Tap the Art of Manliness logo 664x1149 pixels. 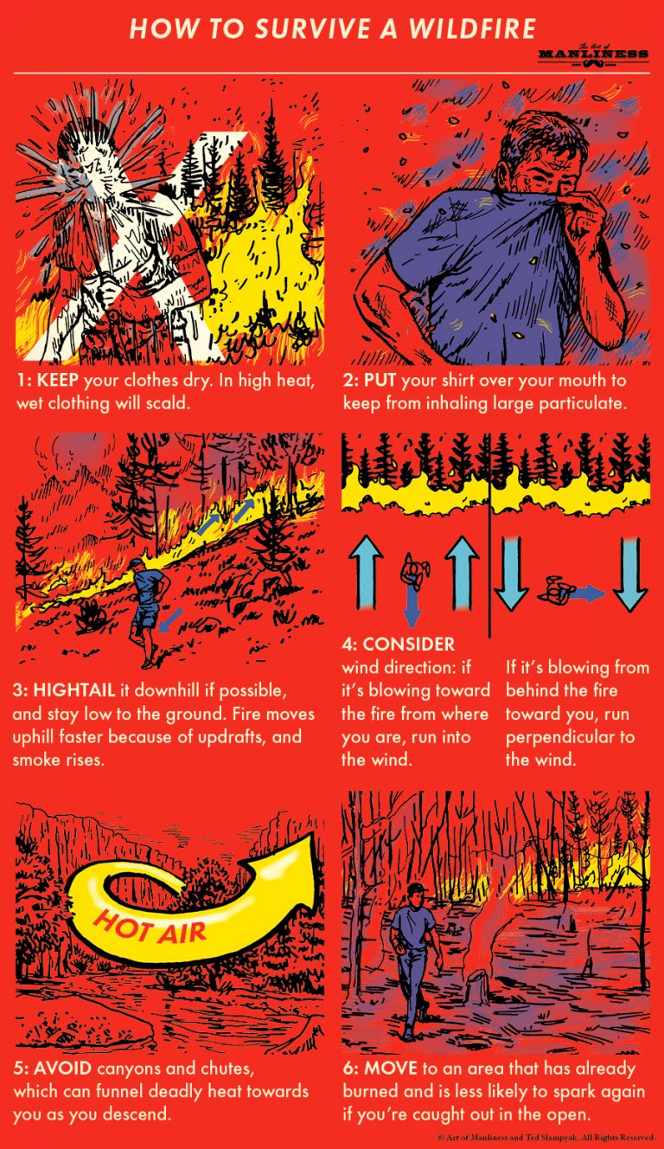pyautogui.click(x=592, y=55)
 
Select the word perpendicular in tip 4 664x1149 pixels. pyautogui.click(x=570, y=737)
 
